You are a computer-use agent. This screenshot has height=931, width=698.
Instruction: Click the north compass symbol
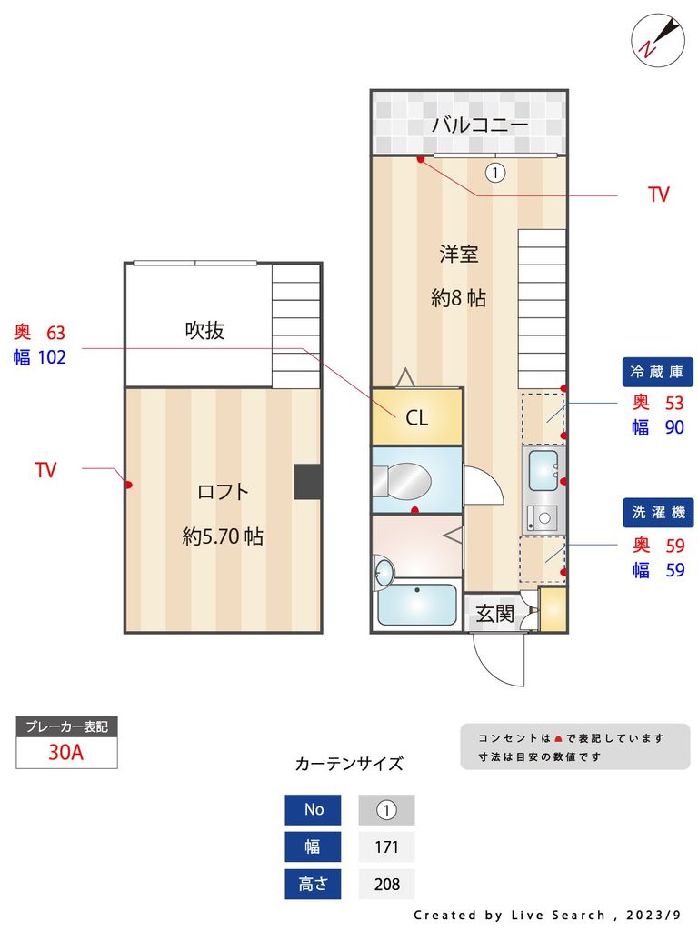(x=657, y=38)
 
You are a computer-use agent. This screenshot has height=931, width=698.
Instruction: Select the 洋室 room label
(x=458, y=254)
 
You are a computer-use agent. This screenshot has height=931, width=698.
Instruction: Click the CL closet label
(x=416, y=418)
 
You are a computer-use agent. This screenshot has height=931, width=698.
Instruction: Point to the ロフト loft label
(x=223, y=492)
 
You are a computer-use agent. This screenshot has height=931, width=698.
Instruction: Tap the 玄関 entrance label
(x=494, y=614)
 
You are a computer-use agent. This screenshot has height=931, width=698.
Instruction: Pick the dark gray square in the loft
(x=307, y=482)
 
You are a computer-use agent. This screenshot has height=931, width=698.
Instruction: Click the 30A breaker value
(x=66, y=753)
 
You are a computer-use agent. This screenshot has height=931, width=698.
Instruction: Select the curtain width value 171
(x=386, y=847)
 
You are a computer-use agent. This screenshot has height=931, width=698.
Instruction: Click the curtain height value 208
(x=386, y=884)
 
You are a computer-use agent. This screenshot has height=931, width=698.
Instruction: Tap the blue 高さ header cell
(x=313, y=884)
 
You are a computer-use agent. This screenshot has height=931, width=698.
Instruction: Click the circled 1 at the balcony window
(x=494, y=172)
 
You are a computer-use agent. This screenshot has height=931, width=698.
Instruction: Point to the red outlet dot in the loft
(x=129, y=485)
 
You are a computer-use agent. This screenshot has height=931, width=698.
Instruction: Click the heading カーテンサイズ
(x=349, y=764)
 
